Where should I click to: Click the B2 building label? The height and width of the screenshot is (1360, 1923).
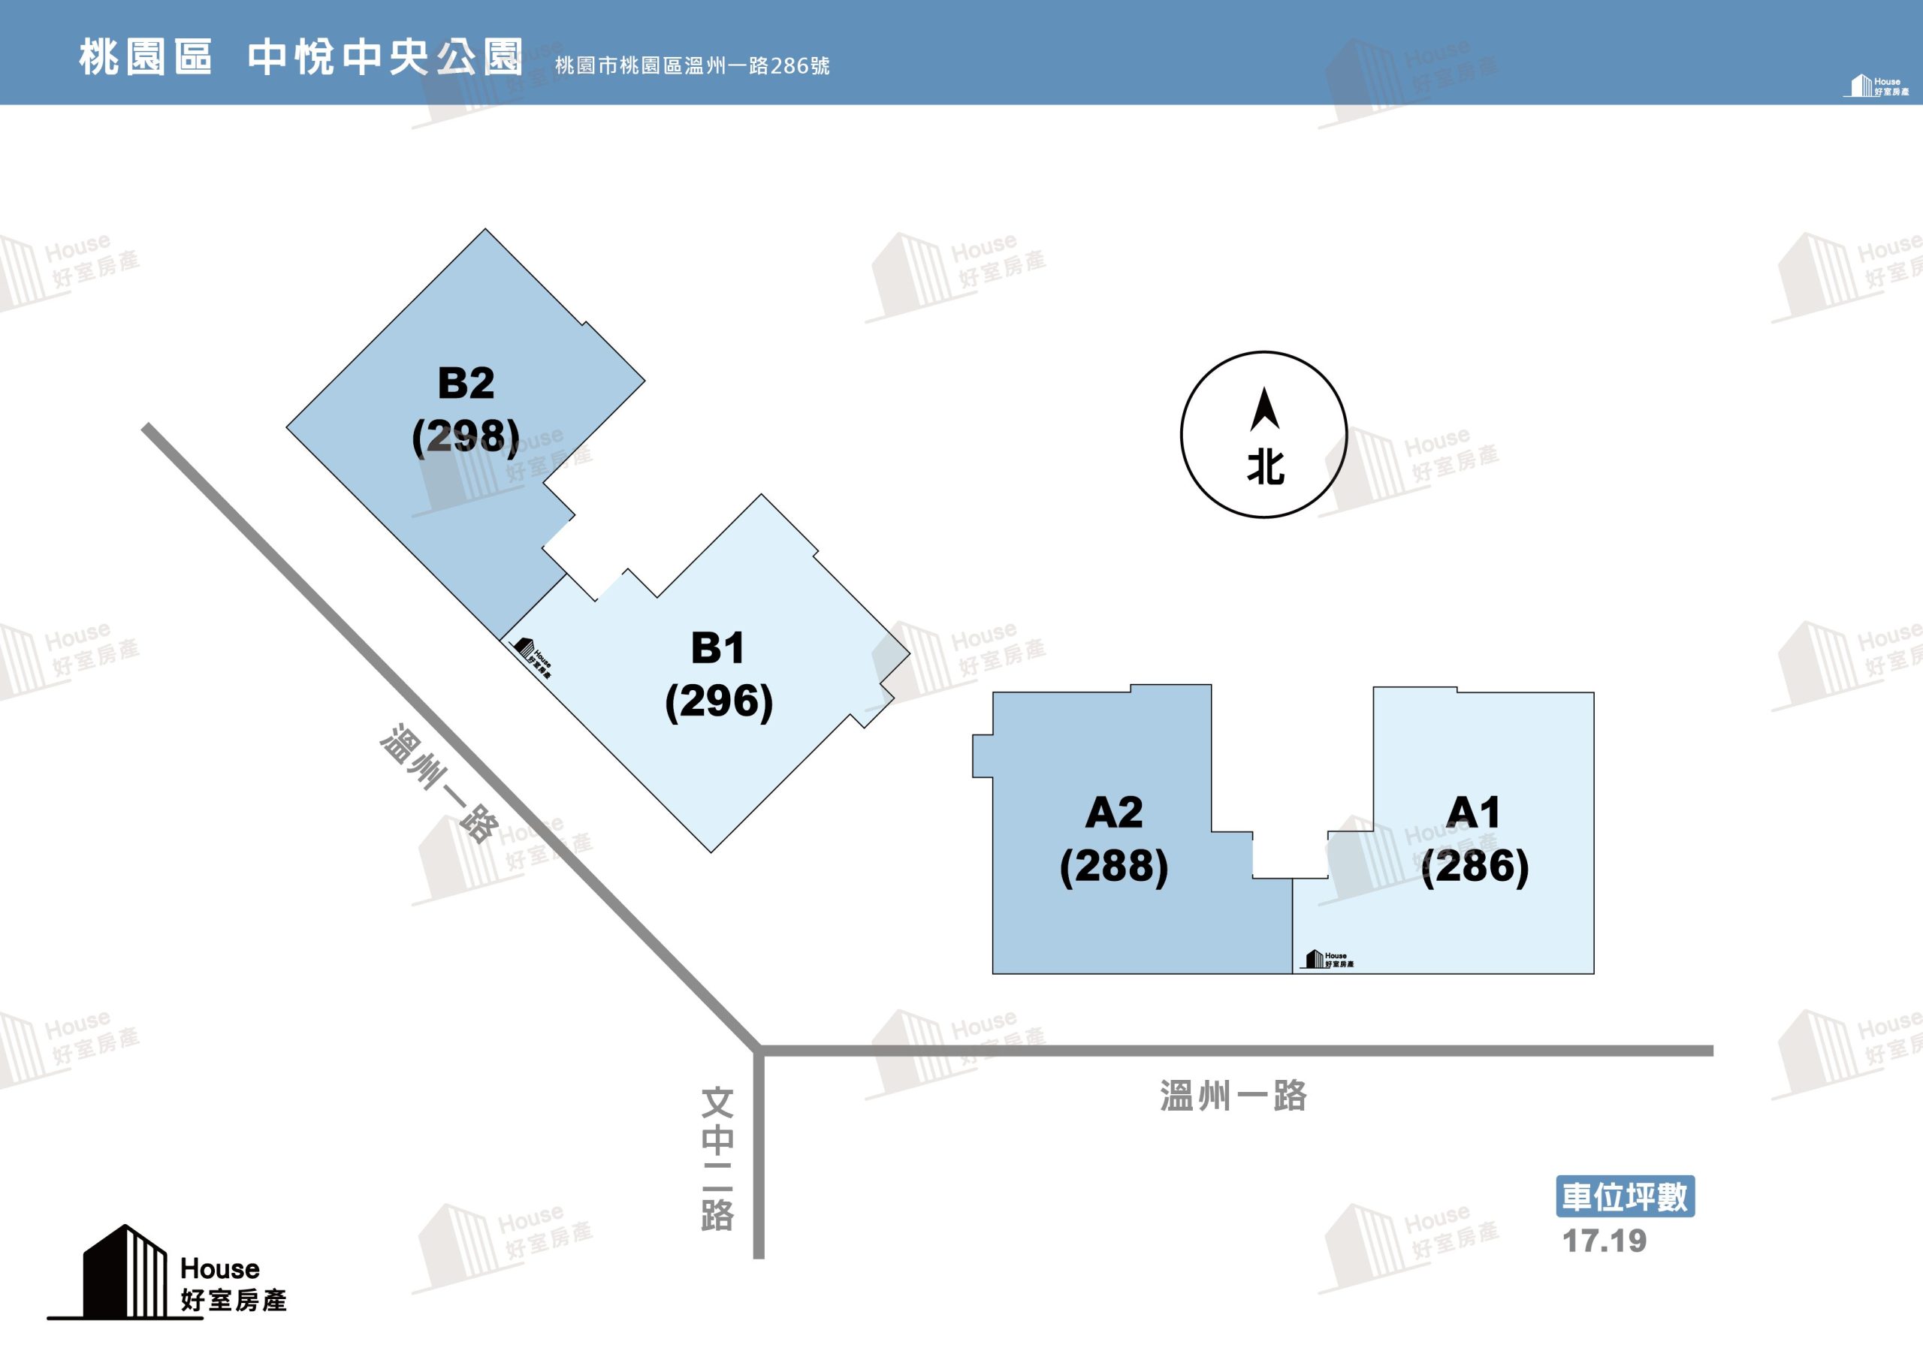[466, 384]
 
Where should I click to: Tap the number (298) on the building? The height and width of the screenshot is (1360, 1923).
[466, 436]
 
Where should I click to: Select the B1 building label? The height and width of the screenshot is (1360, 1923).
[718, 648]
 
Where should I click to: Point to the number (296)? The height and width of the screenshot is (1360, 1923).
[719, 701]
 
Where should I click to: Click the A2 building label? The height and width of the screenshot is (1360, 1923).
[1114, 813]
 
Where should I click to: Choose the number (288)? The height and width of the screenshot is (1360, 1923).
[1114, 866]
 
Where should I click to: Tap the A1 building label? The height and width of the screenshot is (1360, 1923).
[1474, 813]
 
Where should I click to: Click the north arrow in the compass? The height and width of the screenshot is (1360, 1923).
[1264, 409]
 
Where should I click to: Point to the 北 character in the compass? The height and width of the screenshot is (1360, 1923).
[1266, 466]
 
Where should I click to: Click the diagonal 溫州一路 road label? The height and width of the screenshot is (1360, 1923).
[439, 784]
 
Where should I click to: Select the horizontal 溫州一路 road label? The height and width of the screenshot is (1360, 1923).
[1233, 1096]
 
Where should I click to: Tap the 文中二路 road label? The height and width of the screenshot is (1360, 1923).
[718, 1159]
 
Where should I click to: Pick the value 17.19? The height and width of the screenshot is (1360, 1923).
[1605, 1241]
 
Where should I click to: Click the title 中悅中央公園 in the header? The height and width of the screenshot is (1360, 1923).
[385, 57]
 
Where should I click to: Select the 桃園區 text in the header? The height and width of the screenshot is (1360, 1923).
[146, 58]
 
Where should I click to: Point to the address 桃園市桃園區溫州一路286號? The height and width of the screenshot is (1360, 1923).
[692, 65]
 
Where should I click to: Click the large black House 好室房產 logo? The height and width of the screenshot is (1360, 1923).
[168, 1272]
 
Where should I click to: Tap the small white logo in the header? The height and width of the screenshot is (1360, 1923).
[1876, 86]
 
